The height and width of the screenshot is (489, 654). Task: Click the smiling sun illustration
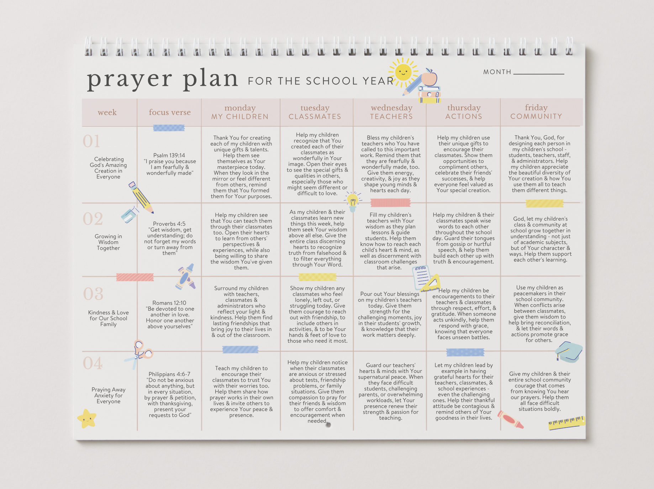click(403, 73)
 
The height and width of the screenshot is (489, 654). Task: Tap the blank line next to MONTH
click(539, 73)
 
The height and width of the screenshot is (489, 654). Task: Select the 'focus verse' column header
click(170, 112)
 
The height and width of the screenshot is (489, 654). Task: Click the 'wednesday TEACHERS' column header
click(391, 112)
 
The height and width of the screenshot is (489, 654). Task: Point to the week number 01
click(91, 141)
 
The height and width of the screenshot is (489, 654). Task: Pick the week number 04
click(93, 363)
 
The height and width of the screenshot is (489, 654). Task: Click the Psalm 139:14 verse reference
click(169, 156)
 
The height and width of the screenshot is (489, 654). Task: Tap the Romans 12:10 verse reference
click(169, 303)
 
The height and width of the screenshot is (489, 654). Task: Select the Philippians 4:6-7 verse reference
click(169, 374)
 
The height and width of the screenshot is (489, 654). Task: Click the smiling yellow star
click(87, 419)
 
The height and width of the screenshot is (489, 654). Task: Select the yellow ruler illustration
click(566, 422)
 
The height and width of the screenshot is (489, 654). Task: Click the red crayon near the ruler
click(511, 420)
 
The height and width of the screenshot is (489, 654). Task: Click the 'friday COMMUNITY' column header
click(536, 112)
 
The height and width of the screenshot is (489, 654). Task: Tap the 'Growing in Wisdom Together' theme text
click(109, 242)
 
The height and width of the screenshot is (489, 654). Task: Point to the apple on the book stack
click(429, 78)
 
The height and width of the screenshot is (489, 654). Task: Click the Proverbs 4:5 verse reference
click(169, 224)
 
